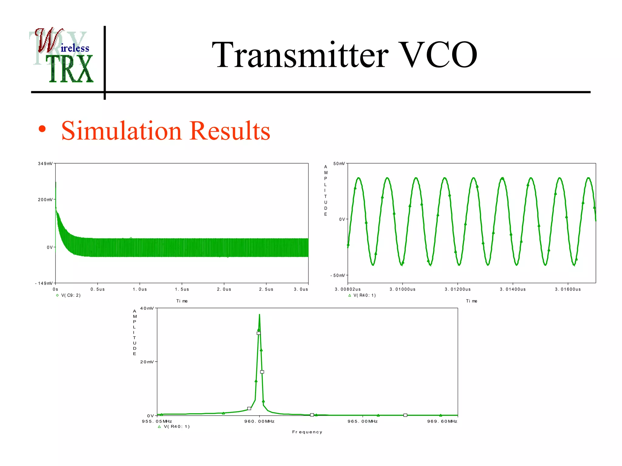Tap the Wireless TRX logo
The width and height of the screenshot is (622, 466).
(62, 56)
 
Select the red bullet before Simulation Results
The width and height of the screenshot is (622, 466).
(42, 129)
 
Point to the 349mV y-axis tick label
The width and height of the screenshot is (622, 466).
(45, 164)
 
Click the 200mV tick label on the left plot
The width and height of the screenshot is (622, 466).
(45, 200)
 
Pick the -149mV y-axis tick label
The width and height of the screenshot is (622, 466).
(44, 283)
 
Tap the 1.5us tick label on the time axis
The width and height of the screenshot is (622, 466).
(182, 289)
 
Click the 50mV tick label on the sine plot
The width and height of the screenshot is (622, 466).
(339, 164)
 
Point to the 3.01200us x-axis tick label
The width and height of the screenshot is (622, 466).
(458, 289)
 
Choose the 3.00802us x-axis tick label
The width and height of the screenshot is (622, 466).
(348, 289)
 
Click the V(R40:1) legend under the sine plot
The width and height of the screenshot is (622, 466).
(364, 295)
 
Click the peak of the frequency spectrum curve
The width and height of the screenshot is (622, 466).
(259, 315)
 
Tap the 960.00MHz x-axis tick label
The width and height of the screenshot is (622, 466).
(259, 421)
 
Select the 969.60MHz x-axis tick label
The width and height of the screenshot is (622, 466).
(442, 421)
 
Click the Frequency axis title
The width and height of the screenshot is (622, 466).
(307, 432)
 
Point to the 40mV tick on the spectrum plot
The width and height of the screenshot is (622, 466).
(147, 308)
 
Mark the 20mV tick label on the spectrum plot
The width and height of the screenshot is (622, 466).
(147, 362)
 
